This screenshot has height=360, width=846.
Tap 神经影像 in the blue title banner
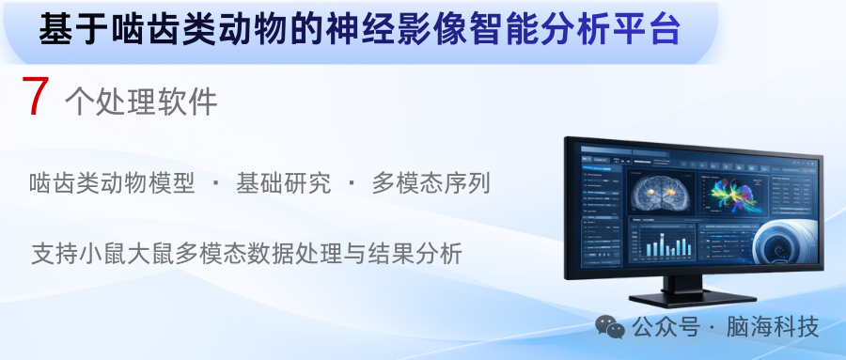[419, 30]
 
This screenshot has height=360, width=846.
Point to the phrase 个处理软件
[141, 102]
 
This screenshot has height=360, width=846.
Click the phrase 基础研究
[283, 183]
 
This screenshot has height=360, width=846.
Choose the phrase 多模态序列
[431, 183]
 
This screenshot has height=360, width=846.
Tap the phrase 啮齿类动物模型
[112, 183]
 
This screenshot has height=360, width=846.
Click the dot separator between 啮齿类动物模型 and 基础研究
[215, 183]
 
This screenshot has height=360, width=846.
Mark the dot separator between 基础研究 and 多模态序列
[351, 183]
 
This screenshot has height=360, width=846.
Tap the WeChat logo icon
[610, 327]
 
